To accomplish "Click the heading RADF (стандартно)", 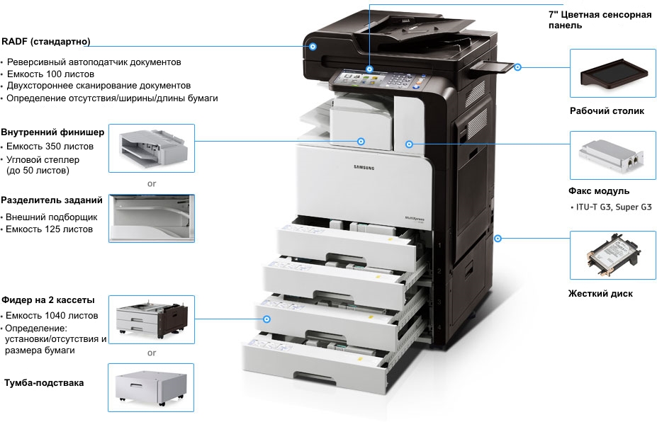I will (45, 41).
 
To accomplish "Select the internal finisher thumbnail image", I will (151, 148).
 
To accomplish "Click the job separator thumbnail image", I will (151, 217).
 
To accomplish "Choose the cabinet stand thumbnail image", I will (151, 387).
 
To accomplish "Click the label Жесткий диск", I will (600, 294).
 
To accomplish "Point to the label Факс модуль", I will (599, 191).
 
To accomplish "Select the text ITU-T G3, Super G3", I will (613, 207).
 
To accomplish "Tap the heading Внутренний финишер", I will (52, 132).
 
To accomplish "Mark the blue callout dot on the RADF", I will (313, 46).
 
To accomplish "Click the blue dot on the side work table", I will (518, 67).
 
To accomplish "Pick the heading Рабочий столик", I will (607, 111).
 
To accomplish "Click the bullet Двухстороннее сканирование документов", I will (99, 86).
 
